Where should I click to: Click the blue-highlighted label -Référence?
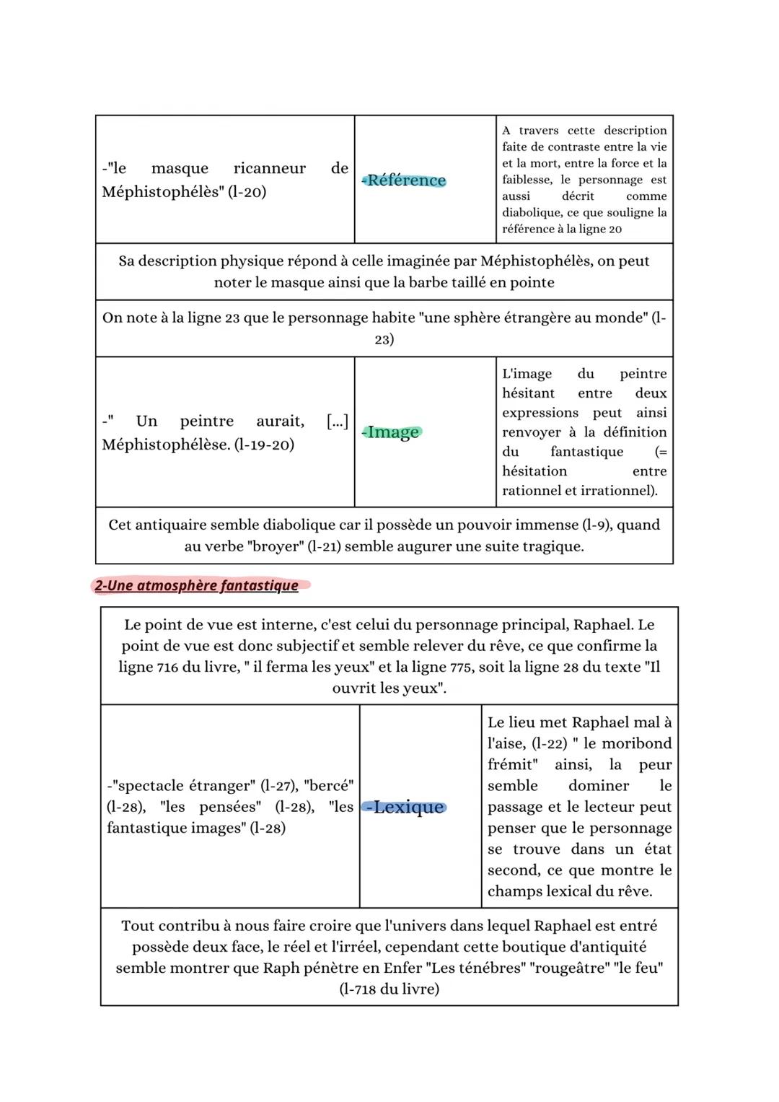tap(405, 180)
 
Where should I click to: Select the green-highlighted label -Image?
tap(392, 432)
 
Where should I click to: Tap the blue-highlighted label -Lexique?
tap(405, 807)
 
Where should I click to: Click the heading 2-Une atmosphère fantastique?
tap(196, 585)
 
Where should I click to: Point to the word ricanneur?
tap(269, 168)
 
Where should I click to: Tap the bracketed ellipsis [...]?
tap(337, 421)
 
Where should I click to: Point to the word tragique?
tap(552, 546)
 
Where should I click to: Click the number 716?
tap(167, 667)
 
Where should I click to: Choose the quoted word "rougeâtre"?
tap(568, 968)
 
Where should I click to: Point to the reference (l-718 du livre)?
tap(389, 989)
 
